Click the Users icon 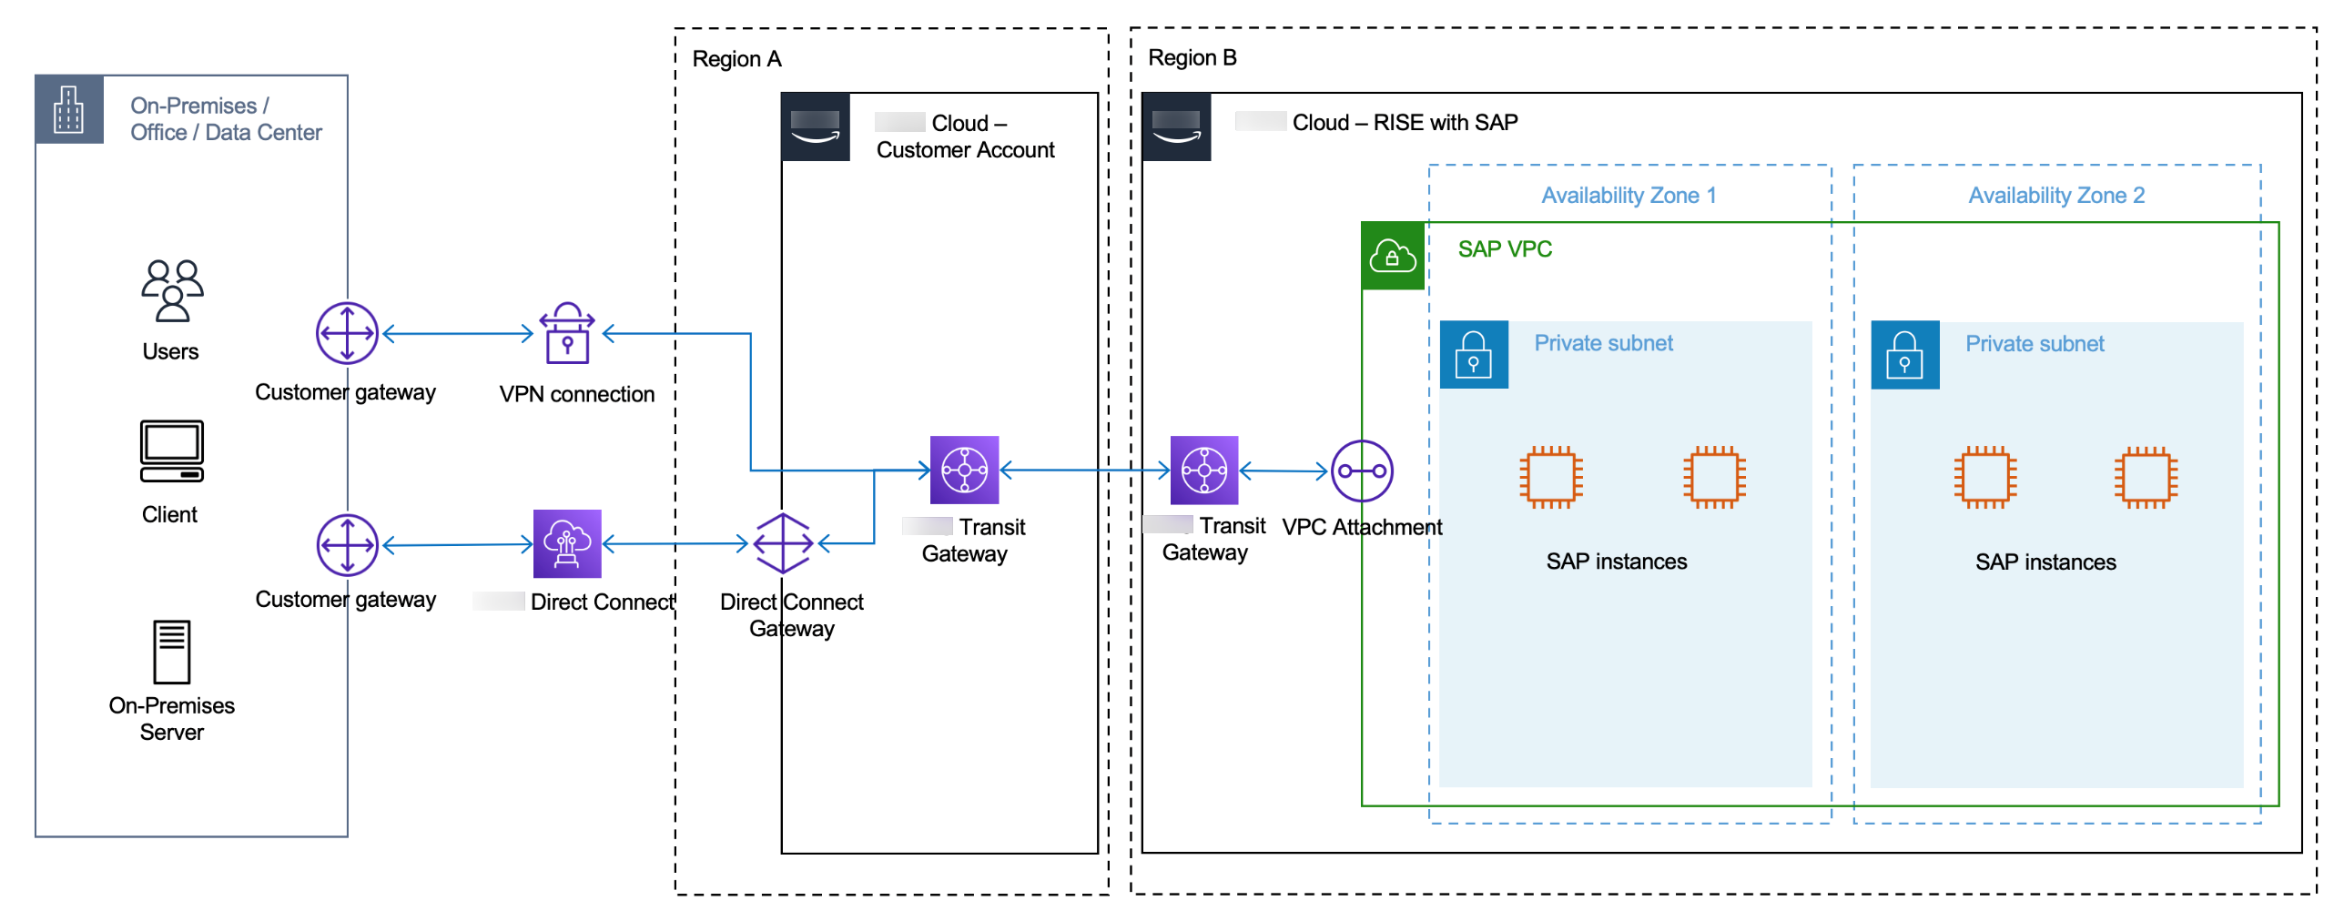coord(172,290)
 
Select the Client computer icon coord(172,450)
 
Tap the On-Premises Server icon coord(172,652)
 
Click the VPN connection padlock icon coord(567,334)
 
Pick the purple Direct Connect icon coord(567,543)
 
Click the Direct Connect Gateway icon coord(783,543)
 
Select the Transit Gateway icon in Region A coord(964,470)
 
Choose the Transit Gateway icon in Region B coord(1203,470)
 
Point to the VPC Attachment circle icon coord(1362,471)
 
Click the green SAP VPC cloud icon coord(1392,256)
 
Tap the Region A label coord(736,59)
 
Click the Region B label coord(1192,58)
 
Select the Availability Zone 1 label coord(1628,196)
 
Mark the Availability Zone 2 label coord(2055,196)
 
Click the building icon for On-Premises coord(69,110)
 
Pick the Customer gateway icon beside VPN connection coord(347,333)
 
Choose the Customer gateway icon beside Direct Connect coord(347,545)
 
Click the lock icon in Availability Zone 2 coord(1904,355)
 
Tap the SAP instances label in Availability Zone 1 coord(1616,562)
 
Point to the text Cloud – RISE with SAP coord(1405,123)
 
